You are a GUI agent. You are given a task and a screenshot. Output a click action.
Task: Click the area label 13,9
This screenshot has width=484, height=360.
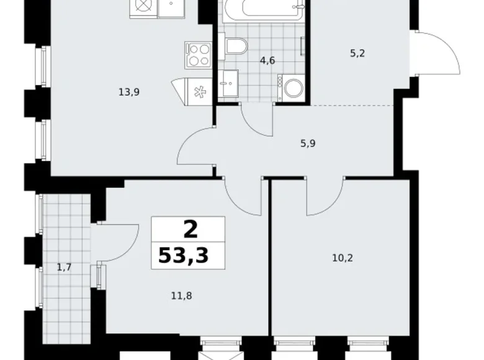(x=129, y=92)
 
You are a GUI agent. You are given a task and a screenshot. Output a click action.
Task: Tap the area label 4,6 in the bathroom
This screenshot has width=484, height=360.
(x=267, y=60)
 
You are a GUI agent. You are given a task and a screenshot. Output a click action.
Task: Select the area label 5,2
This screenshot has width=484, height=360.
(x=357, y=53)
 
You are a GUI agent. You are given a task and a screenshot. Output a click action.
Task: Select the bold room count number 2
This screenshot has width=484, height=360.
(x=190, y=230)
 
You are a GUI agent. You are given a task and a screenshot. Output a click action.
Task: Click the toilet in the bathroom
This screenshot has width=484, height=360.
(x=236, y=45)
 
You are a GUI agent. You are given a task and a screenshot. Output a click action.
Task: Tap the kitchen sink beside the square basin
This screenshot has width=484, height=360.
(x=144, y=7)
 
